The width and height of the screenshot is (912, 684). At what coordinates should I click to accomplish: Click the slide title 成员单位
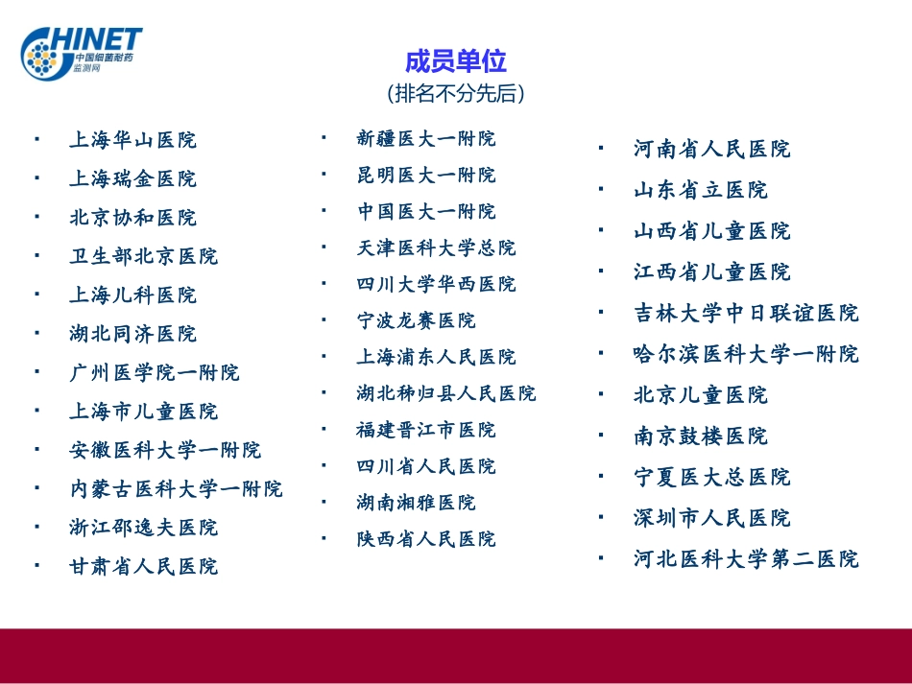tap(455, 62)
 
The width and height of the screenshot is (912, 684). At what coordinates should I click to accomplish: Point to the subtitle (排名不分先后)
tap(456, 94)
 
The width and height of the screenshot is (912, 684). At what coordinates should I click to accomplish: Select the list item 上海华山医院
tap(132, 140)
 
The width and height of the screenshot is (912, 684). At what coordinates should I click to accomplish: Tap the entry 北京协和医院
tap(132, 218)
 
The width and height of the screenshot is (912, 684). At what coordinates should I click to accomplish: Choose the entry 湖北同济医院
tap(132, 334)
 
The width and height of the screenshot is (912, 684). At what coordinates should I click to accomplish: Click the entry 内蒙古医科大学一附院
tap(177, 489)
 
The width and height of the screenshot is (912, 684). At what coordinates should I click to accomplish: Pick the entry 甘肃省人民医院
tap(144, 567)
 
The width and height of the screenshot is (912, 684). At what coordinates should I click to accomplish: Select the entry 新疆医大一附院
tap(426, 139)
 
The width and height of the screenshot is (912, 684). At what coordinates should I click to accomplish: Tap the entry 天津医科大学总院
tap(436, 248)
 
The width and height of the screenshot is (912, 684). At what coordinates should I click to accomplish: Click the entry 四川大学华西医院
tap(436, 284)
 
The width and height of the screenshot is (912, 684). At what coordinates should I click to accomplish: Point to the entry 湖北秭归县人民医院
tap(446, 393)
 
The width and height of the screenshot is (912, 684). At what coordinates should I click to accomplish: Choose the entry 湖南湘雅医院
tap(416, 503)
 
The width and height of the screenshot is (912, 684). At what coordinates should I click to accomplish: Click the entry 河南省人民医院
tap(711, 150)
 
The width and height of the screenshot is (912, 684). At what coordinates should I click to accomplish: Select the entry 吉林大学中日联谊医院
tap(746, 314)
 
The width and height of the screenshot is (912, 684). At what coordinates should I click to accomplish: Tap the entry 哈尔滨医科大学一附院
tap(746, 354)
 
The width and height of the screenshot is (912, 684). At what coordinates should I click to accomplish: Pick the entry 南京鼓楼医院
tap(701, 436)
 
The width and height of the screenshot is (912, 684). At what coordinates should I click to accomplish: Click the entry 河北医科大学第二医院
tap(746, 559)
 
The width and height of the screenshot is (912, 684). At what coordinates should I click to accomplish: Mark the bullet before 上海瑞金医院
tap(36, 177)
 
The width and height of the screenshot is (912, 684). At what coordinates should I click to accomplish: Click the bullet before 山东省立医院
tap(601, 189)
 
